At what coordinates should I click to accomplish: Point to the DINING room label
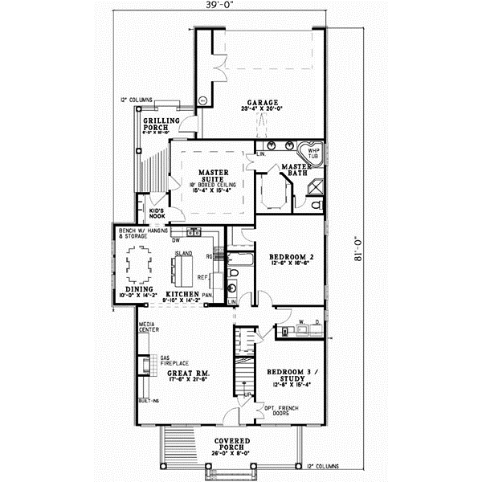139,291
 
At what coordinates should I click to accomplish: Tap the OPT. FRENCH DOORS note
277,411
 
